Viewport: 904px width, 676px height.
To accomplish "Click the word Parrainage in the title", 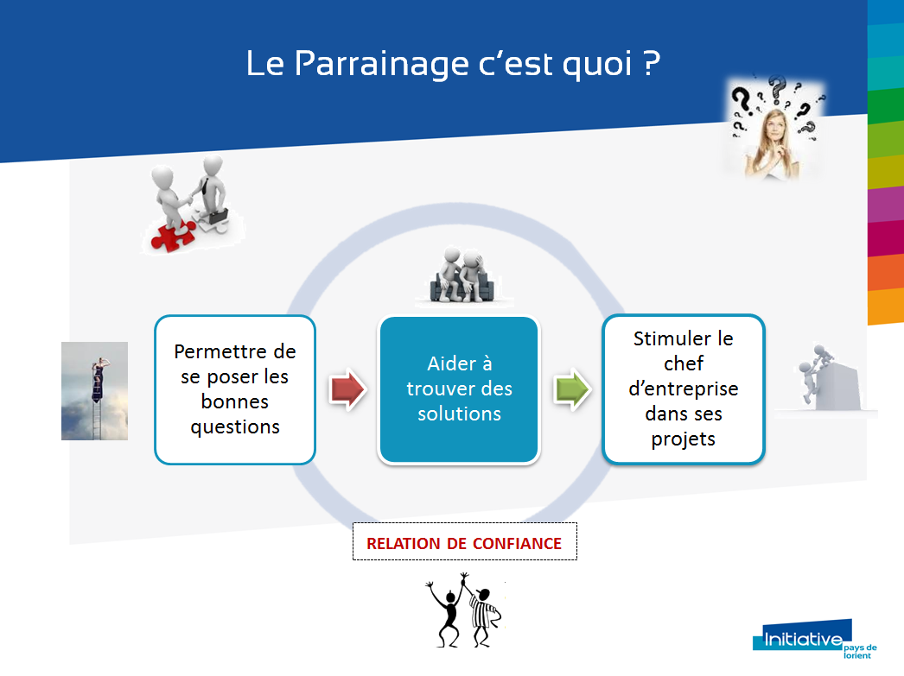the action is (x=382, y=63).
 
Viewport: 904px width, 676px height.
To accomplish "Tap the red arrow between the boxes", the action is (x=347, y=389).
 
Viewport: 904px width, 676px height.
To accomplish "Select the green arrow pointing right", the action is (x=572, y=389).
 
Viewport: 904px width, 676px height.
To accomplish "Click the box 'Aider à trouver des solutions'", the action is (x=459, y=389).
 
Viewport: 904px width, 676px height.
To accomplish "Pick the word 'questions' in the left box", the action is (x=235, y=427).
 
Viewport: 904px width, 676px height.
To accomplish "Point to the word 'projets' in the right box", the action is (x=684, y=439).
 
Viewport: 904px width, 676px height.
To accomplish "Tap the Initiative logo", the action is (x=814, y=639).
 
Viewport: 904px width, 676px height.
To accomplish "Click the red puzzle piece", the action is (x=172, y=236).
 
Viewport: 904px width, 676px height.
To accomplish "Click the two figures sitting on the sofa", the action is (x=462, y=275).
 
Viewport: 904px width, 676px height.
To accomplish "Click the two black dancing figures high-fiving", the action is (x=464, y=611).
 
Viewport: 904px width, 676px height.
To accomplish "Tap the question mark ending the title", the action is (x=652, y=62).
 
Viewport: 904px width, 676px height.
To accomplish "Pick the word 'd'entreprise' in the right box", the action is (x=684, y=389).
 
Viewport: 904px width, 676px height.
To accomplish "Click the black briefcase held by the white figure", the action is (x=218, y=216).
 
